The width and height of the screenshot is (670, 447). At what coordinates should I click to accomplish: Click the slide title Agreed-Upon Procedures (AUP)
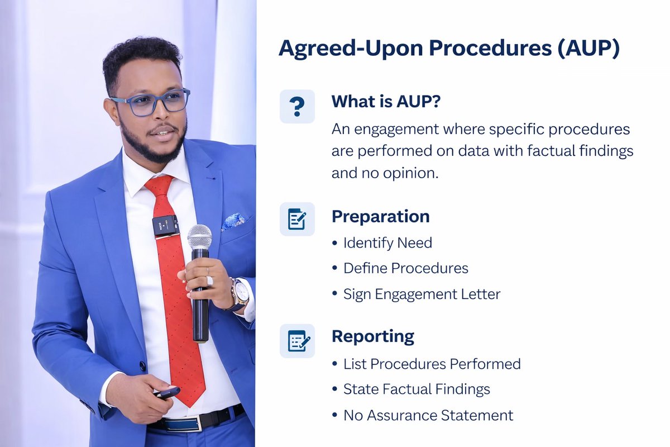pos(449,49)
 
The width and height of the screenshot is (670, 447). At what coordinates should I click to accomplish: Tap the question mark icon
pos(297,106)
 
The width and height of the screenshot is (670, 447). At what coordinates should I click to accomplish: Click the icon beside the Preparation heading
pos(297,218)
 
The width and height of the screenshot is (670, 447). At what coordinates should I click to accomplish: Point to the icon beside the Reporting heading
pos(297,340)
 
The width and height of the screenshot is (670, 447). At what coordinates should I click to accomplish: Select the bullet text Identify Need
pos(387,243)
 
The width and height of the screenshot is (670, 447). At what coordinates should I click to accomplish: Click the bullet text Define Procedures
pos(405,268)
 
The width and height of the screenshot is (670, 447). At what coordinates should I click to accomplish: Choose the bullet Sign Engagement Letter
pos(422,294)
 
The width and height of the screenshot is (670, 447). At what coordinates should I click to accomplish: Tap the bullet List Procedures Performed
pos(432,364)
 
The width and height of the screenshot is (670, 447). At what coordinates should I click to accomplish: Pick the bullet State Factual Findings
pos(417,389)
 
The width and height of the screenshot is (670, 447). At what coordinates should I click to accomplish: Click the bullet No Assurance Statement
pos(428,415)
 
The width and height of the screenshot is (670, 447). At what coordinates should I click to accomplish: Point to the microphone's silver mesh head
pos(199,237)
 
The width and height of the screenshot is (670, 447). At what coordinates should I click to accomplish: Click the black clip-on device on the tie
pos(166,225)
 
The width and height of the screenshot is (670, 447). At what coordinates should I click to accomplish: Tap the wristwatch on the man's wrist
pos(240,293)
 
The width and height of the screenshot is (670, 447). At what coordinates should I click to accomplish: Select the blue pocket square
pos(233,221)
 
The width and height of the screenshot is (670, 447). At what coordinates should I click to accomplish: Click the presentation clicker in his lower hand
pos(166,393)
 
